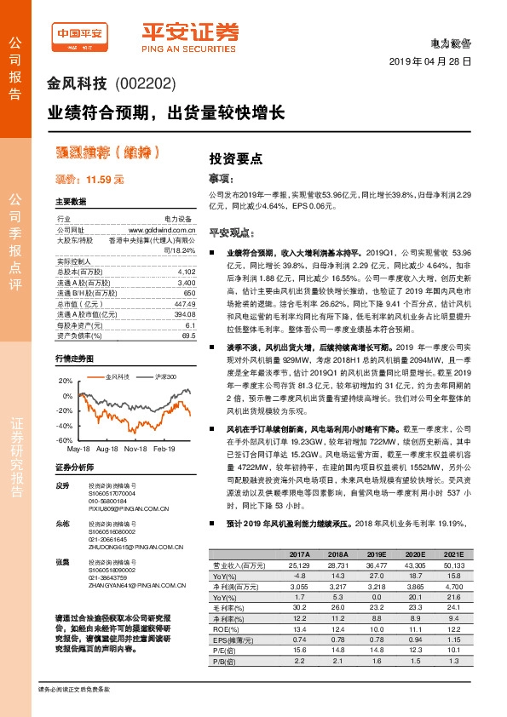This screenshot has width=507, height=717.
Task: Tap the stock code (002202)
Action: point(145,83)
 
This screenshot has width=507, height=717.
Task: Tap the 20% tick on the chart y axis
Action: point(66,381)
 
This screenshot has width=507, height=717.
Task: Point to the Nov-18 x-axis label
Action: point(136,448)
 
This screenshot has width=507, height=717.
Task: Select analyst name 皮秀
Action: point(61,486)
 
